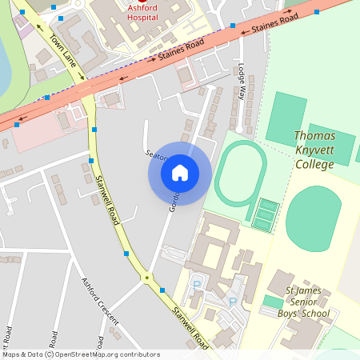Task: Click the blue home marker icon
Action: (x=180, y=173)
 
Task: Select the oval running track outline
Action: (x=240, y=172)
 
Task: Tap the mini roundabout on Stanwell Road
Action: (x=146, y=278)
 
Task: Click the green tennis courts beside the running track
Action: (x=265, y=213)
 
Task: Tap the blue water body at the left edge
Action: (x=4, y=64)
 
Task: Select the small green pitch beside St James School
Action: (x=273, y=302)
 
